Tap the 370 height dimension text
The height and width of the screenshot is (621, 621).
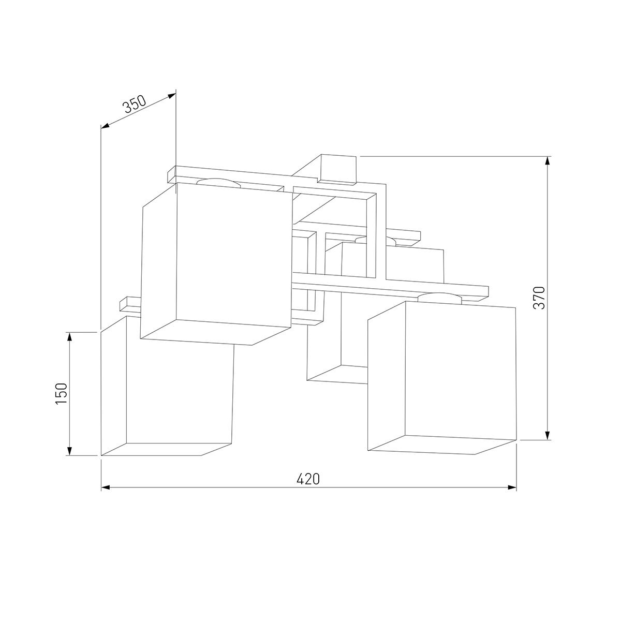(539, 298)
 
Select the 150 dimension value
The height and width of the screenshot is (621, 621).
(61, 394)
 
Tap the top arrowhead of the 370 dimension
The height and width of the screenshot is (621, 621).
(548, 161)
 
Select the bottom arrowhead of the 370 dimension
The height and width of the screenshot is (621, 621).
(548, 435)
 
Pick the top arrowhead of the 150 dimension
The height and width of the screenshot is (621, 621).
(69, 337)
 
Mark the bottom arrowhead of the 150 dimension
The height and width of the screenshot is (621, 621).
(69, 451)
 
